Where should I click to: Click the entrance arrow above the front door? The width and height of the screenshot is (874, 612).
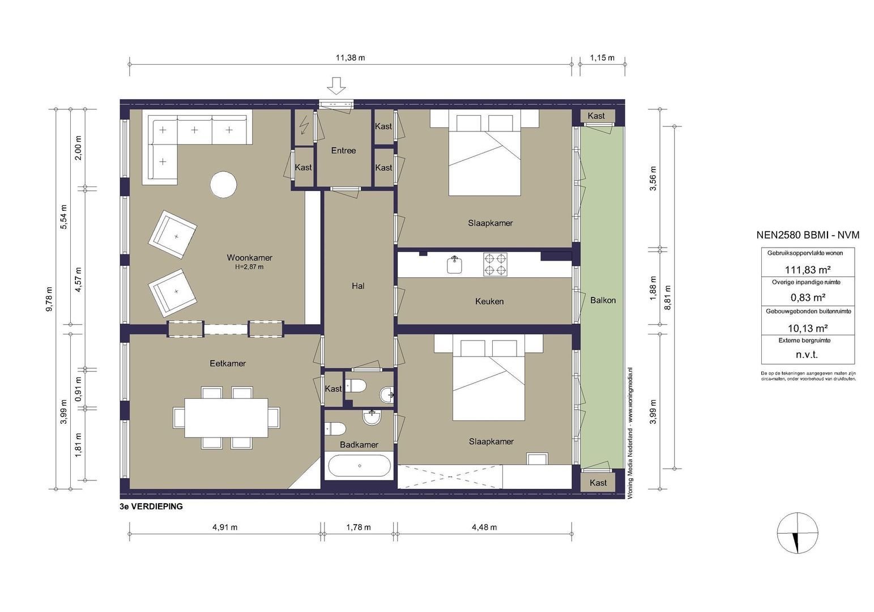[336, 86]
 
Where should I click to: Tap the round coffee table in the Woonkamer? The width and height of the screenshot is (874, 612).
[223, 185]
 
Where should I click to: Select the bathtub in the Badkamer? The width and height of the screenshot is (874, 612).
[359, 466]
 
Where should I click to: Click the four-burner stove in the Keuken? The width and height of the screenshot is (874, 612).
[495, 264]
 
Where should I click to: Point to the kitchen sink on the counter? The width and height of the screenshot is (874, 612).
[454, 265]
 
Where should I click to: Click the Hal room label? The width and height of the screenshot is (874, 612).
[358, 286]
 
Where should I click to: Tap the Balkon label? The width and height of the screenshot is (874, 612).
[603, 300]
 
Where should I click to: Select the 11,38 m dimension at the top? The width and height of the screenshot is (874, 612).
[350, 58]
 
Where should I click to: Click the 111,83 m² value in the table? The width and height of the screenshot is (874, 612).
[807, 269]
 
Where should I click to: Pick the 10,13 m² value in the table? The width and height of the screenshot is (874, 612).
[808, 328]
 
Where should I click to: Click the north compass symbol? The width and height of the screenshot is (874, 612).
[798, 533]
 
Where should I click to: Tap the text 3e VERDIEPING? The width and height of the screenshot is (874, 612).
[151, 507]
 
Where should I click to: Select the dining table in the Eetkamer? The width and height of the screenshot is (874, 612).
[227, 418]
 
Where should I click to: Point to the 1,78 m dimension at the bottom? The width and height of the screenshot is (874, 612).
[358, 528]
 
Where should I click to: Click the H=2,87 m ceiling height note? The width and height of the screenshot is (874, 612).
[249, 267]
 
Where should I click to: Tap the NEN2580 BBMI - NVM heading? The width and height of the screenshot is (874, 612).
[808, 235]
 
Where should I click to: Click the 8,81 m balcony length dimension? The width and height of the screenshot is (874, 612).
[668, 297]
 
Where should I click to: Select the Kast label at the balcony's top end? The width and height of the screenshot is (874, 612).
[596, 116]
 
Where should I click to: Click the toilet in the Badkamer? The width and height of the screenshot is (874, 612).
[335, 428]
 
